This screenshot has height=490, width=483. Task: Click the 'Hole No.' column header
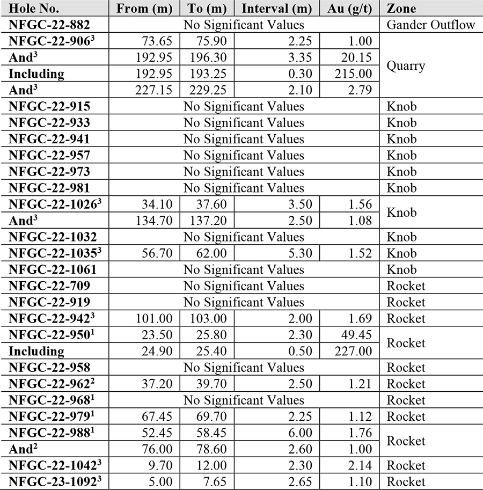click(33, 9)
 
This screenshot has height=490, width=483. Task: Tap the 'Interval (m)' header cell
click(280, 9)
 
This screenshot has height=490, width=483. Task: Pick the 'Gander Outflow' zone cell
click(431, 25)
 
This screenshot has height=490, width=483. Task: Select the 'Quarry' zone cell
click(406, 65)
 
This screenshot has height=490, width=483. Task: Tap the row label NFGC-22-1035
click(52, 253)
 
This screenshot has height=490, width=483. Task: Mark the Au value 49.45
click(356, 335)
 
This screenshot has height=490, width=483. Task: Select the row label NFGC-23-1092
click(52, 481)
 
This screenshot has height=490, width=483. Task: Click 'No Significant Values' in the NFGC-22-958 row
click(244, 368)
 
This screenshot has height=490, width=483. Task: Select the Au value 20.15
click(356, 57)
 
